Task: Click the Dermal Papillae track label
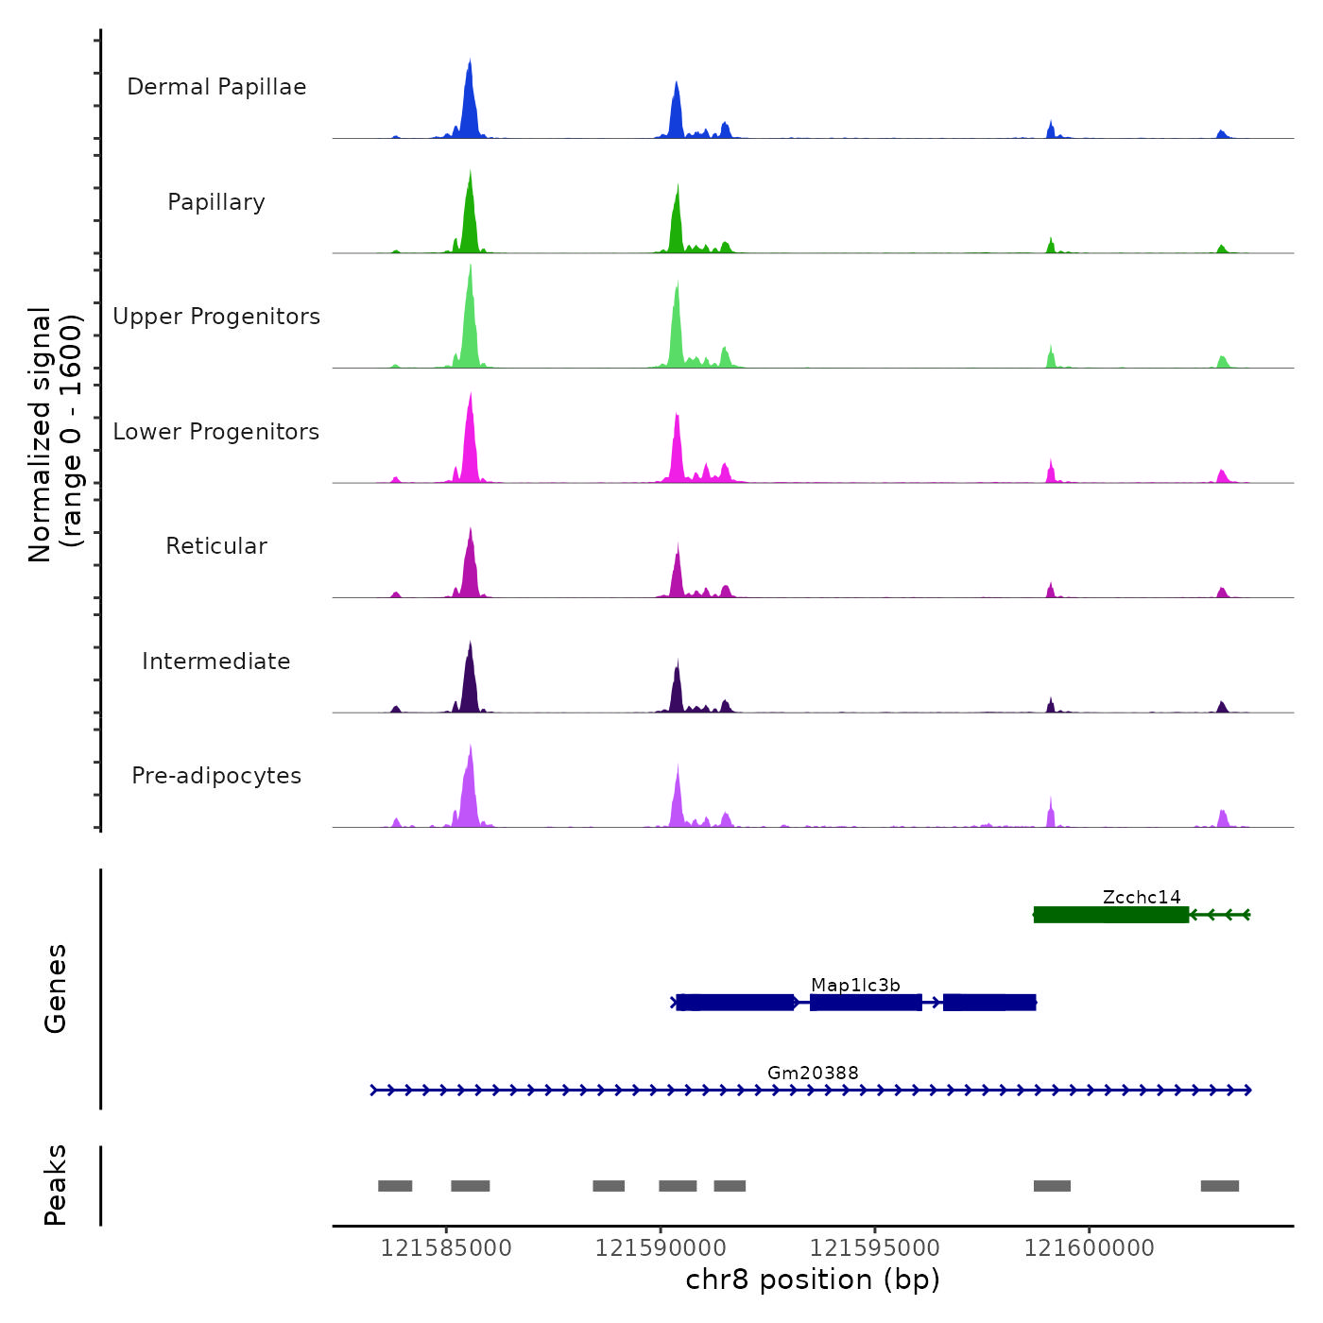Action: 216,87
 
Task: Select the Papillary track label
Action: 216,202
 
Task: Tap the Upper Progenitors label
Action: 216,317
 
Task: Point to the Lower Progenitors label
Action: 216,432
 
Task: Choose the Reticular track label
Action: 216,546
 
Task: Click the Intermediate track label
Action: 216,661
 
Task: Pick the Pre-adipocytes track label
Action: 216,776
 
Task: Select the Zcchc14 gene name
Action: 1142,897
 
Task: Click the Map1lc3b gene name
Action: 855,985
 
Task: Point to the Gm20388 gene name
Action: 813,1073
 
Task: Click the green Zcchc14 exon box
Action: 1111,915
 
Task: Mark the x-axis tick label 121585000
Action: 446,1248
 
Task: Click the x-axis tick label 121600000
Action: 1090,1248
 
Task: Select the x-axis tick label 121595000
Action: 875,1248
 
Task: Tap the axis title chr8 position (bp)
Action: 813,1280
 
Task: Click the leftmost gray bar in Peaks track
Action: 395,1186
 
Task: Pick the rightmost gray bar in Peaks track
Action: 1219,1186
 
